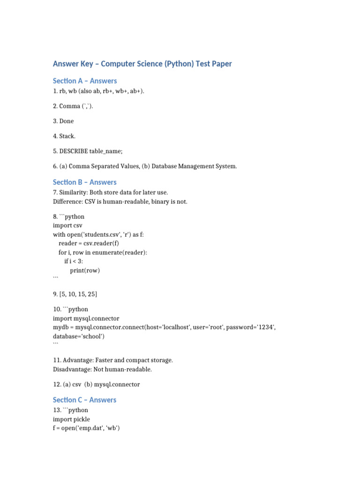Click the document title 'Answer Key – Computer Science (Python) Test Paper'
pos(142,64)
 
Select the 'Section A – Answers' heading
pos(85,81)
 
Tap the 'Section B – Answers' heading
pos(85,182)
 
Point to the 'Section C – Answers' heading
pos(85,400)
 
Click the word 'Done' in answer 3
pos(67,121)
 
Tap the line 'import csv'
pos(68,225)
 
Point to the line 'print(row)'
pos(85,270)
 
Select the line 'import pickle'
pos(71,420)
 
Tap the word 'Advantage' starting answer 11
pos(78,360)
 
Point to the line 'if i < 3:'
pos(74,261)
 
